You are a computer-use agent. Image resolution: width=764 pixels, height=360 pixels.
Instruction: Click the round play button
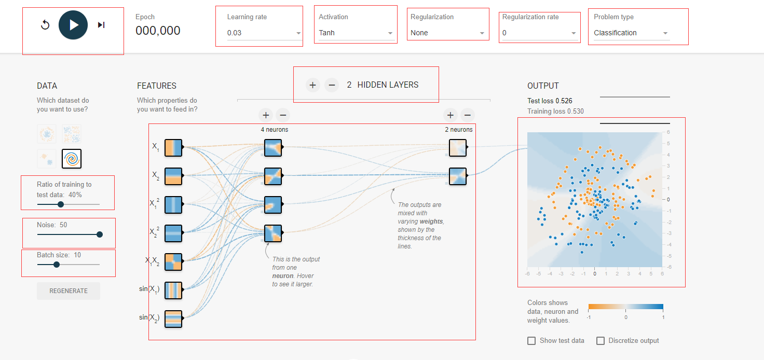[x=73, y=25]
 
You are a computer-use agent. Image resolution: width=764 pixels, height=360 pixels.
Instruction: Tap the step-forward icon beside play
[x=101, y=25]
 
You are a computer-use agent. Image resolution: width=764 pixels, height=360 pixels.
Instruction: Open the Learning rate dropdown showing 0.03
[x=264, y=33]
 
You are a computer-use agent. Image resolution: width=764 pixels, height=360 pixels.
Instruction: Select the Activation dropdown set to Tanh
[x=356, y=33]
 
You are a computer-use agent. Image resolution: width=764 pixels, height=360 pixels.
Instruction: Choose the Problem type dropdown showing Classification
[x=631, y=33]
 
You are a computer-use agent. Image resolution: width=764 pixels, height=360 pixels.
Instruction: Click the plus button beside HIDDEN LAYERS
[x=313, y=85]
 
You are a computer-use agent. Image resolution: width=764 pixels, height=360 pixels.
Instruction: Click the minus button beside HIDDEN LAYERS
[x=332, y=85]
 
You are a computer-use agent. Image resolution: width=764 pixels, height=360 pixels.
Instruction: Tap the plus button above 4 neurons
[x=266, y=115]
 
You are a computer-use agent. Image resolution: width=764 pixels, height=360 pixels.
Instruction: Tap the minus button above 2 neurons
[x=468, y=115]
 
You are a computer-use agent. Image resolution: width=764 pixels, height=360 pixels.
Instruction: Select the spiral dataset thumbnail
[x=72, y=159]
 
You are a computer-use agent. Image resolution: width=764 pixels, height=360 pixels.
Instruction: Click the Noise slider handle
[x=100, y=234]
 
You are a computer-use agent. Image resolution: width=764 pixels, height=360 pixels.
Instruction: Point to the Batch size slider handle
[x=57, y=265]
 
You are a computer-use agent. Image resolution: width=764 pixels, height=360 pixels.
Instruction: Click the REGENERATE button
[x=69, y=291]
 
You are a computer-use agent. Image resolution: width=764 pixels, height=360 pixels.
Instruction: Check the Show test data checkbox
[x=531, y=341]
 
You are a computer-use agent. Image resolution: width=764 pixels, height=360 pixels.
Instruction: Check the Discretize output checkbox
[x=601, y=341]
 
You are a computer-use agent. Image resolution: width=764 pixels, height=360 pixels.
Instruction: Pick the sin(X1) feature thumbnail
[x=173, y=290]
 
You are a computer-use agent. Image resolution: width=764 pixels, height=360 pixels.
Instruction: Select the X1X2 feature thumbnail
[x=173, y=262]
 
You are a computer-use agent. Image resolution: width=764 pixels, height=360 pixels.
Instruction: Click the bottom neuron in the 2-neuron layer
[x=458, y=176]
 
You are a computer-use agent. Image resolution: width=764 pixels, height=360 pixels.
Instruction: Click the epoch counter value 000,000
[x=158, y=31]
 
